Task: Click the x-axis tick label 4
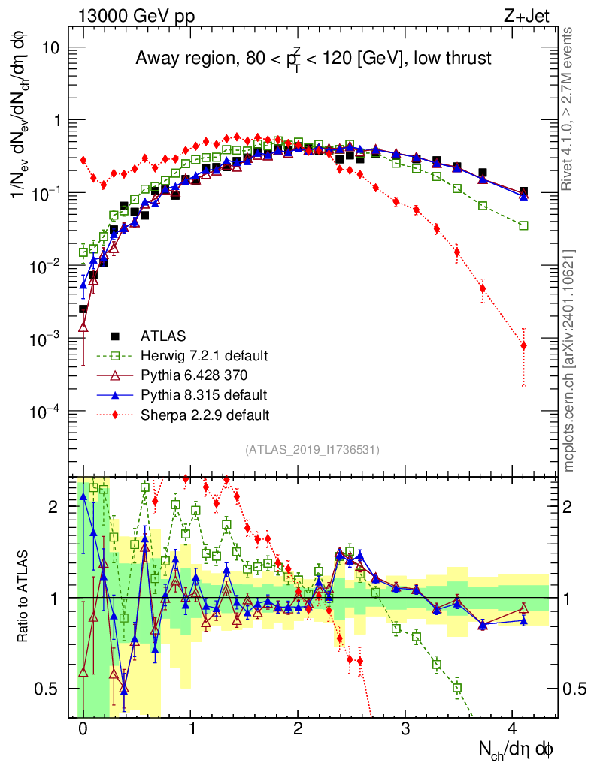pos(513,729)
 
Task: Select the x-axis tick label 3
pos(405,729)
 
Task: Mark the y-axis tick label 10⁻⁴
pos(52,412)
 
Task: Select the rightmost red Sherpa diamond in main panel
pos(523,345)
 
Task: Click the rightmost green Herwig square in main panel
pos(523,225)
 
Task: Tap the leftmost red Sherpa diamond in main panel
pos(83,160)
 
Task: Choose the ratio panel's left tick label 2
pos(53,507)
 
